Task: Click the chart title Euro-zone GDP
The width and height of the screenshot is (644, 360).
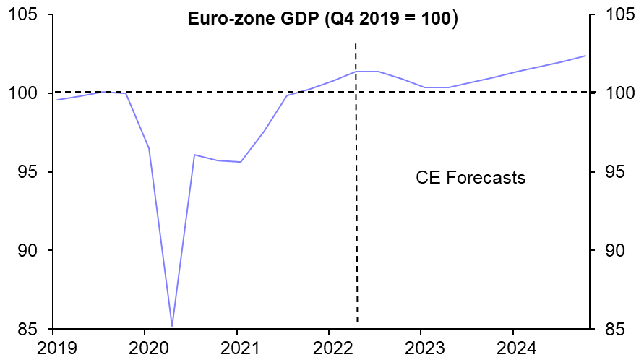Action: pyautogui.click(x=322, y=20)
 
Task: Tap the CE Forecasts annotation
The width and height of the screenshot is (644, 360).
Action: pyautogui.click(x=471, y=177)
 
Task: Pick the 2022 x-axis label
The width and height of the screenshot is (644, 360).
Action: pyautogui.click(x=329, y=348)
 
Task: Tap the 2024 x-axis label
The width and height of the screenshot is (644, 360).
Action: pyautogui.click(x=512, y=348)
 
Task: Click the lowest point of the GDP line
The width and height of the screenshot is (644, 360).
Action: pyautogui.click(x=172, y=326)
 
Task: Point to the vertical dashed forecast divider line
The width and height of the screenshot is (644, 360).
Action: pyautogui.click(x=356, y=217)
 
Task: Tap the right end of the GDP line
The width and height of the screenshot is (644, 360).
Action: pyautogui.click(x=585, y=56)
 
